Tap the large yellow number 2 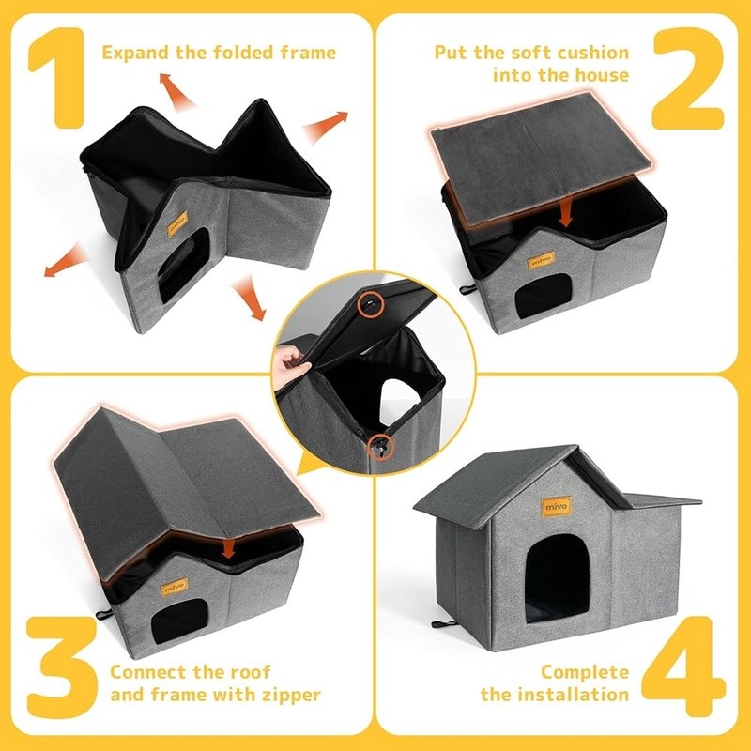[688, 79]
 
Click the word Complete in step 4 [585, 672]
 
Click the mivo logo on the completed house [556, 506]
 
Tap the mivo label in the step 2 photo [542, 261]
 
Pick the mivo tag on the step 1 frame [177, 223]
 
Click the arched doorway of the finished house [557, 578]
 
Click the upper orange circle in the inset [371, 304]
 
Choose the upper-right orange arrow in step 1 [325, 125]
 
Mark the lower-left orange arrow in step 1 [65, 260]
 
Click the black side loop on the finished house [444, 623]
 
